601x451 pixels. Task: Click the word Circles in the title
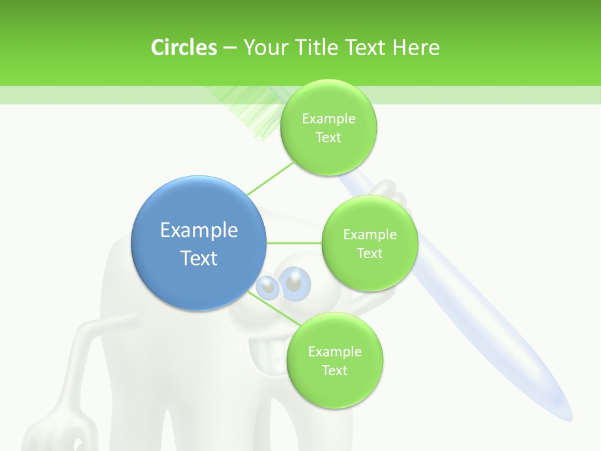point(183,48)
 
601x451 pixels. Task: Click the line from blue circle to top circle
point(269,179)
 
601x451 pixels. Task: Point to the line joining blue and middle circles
point(294,243)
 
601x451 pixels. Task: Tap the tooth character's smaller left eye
point(268,287)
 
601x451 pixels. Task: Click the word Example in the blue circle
point(199,231)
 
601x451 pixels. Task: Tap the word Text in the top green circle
point(328,138)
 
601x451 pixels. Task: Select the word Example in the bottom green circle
point(334,352)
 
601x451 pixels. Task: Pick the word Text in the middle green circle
point(369,254)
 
